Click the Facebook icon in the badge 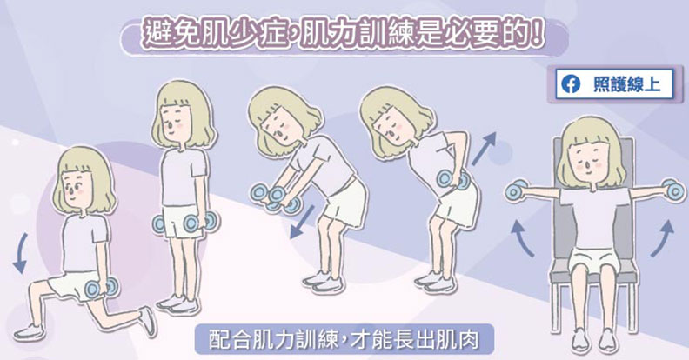click(x=572, y=85)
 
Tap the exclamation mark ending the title click(x=541, y=38)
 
